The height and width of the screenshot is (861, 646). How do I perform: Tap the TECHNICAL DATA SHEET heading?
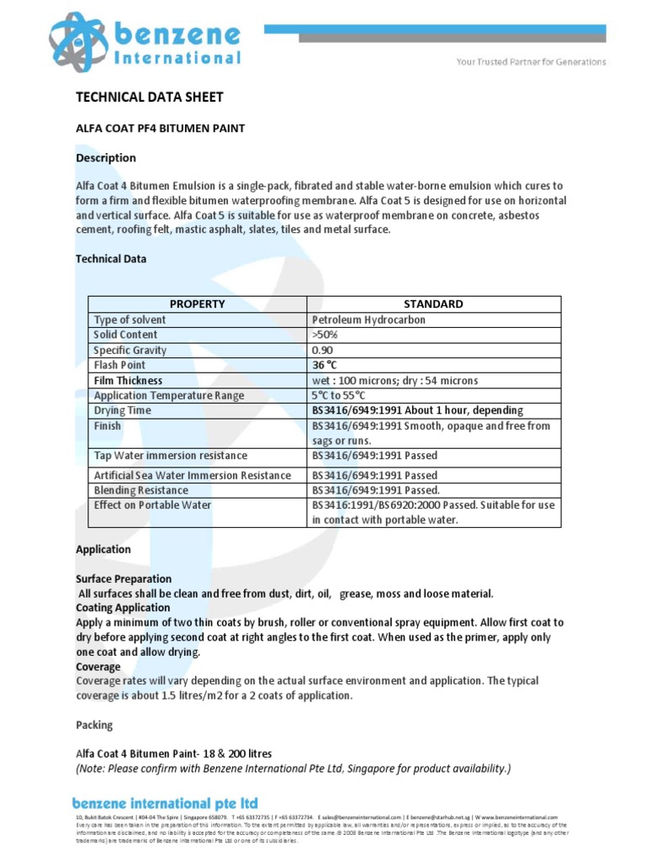pyautogui.click(x=150, y=97)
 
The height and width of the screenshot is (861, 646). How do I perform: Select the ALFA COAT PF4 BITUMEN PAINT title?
pyautogui.click(x=160, y=129)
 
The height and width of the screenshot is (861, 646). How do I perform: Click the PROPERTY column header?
pyautogui.click(x=198, y=304)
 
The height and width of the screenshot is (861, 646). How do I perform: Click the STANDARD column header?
pyautogui.click(x=433, y=304)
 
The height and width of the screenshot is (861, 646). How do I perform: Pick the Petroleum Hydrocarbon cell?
pyautogui.click(x=368, y=320)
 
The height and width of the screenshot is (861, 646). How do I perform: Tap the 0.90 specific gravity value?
pyautogui.click(x=322, y=350)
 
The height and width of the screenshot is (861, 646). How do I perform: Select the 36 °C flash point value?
pyautogui.click(x=324, y=365)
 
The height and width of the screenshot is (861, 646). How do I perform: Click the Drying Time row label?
pyautogui.click(x=123, y=410)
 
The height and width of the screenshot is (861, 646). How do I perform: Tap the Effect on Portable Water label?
pyautogui.click(x=152, y=505)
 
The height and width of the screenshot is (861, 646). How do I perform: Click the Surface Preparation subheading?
pyautogui.click(x=124, y=578)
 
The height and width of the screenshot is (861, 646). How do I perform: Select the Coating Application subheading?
pyautogui.click(x=123, y=607)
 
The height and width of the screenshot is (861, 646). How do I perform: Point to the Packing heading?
pyautogui.click(x=94, y=724)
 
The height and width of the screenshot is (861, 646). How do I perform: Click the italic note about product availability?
pyautogui.click(x=293, y=768)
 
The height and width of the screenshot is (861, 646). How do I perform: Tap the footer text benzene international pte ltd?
pyautogui.click(x=165, y=804)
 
